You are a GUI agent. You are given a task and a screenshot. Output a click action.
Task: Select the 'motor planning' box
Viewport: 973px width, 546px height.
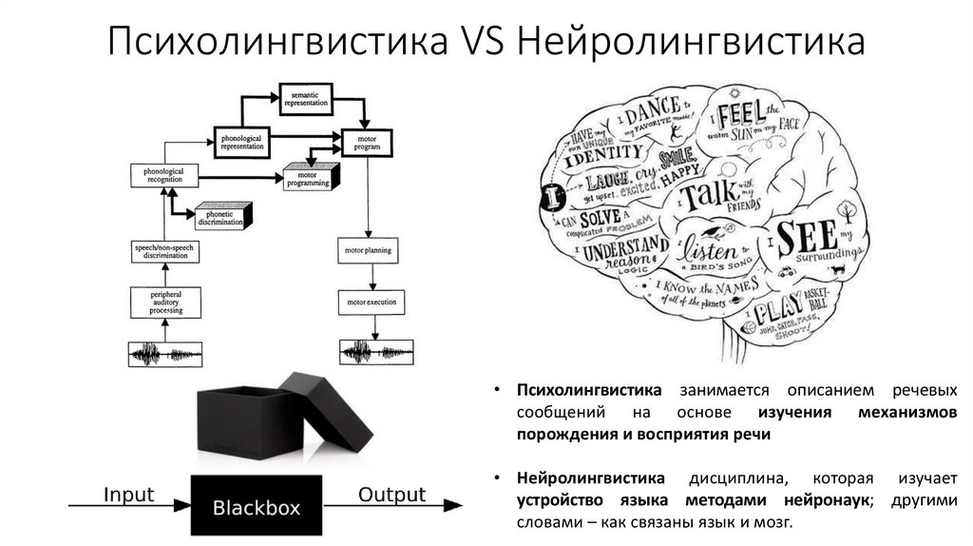366,251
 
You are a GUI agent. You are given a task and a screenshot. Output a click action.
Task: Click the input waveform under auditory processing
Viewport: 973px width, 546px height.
164,356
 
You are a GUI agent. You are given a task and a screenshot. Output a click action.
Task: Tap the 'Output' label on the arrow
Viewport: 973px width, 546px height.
391,495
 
